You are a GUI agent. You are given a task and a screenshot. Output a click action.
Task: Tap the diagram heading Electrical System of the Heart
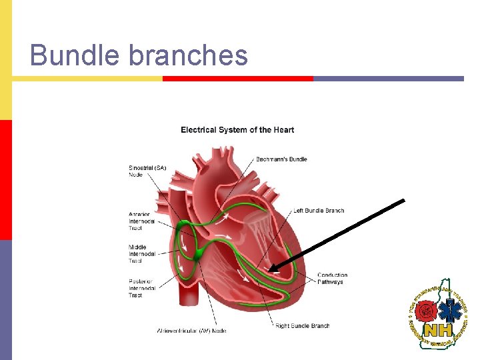(237, 130)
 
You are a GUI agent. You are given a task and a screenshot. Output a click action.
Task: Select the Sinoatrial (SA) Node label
(147, 171)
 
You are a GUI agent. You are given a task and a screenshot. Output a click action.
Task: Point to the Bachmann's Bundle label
(281, 159)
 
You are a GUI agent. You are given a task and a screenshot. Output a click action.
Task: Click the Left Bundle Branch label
(319, 211)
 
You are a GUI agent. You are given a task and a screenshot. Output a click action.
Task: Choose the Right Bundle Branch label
(302, 326)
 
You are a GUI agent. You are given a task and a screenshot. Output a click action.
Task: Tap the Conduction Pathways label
(332, 279)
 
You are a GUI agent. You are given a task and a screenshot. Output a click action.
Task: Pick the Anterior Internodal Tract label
(141, 221)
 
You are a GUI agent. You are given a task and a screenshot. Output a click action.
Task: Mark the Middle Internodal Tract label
(141, 254)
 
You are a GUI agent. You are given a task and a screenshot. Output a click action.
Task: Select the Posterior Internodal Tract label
(141, 288)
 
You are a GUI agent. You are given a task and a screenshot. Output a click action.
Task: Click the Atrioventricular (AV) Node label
(191, 331)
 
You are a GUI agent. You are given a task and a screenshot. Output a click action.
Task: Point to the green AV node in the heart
(199, 254)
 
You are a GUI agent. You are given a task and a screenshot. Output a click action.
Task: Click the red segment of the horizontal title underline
(237, 79)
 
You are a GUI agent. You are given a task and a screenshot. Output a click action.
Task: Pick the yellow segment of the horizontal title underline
(87, 79)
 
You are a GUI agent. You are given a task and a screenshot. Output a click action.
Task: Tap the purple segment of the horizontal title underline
(388, 79)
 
